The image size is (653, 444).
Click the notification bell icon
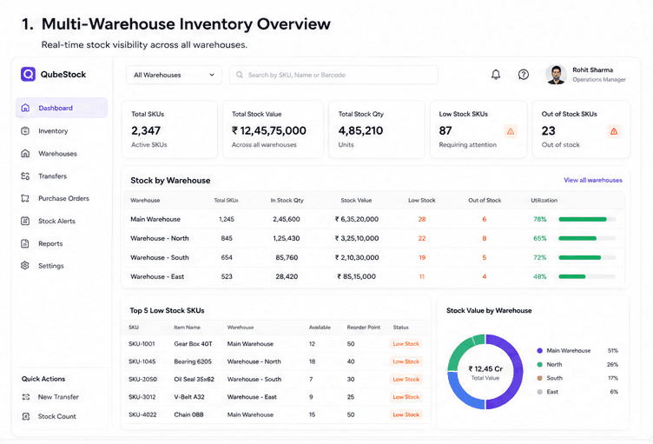click(x=496, y=75)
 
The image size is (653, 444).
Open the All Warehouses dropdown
click(x=174, y=75)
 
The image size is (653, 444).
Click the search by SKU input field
click(x=333, y=75)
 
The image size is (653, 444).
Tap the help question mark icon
click(x=524, y=75)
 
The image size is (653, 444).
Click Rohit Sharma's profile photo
click(x=557, y=75)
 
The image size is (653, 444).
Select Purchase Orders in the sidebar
click(x=63, y=198)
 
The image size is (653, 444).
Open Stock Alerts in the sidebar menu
click(x=56, y=221)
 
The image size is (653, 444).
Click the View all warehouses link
click(x=593, y=180)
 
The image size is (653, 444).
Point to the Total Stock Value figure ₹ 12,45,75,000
click(x=269, y=131)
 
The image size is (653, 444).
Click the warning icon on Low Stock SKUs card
click(x=511, y=132)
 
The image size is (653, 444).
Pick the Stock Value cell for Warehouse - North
click(x=357, y=238)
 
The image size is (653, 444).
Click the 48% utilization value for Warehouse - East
click(x=540, y=277)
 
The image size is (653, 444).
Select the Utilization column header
click(x=544, y=201)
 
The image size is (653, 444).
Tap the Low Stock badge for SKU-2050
click(x=406, y=380)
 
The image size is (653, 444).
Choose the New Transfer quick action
click(x=58, y=397)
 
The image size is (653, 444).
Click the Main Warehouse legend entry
click(x=569, y=351)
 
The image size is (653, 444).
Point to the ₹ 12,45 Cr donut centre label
click(x=485, y=369)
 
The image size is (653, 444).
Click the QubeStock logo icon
click(x=29, y=74)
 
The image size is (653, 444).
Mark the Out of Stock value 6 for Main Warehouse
click(x=485, y=219)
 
